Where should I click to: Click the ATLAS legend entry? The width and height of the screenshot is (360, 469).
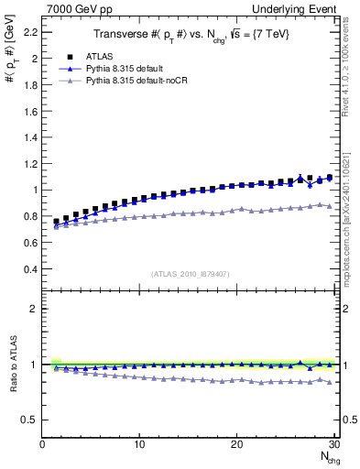pos(98,56)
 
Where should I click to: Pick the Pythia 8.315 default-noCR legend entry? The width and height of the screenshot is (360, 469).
pos(134,82)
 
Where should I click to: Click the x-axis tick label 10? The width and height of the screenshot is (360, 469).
pos(139,444)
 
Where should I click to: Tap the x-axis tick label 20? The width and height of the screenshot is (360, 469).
pos(236,444)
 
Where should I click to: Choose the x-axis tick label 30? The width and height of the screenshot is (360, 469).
pos(333,444)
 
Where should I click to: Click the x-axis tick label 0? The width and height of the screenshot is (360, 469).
pos(42,444)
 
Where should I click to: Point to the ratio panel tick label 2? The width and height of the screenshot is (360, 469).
pos(33,309)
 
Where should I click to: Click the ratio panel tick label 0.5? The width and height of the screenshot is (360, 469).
pos(29,420)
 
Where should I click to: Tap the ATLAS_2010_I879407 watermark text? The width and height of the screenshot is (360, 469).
pos(190,273)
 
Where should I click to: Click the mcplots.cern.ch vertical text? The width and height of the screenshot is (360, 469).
pos(350,229)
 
